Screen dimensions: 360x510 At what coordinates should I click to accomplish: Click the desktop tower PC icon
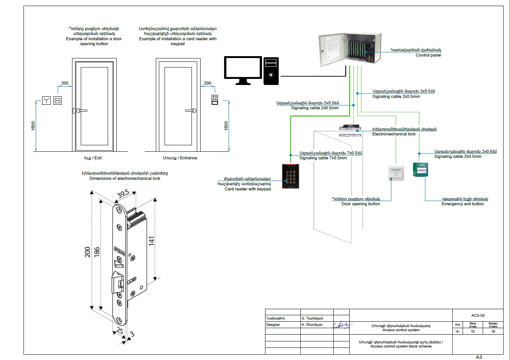(x=271, y=71)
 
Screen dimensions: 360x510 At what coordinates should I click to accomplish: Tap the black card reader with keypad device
(x=290, y=176)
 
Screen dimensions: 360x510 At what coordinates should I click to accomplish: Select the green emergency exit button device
(x=421, y=170)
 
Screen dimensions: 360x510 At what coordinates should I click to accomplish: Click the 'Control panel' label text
(x=428, y=55)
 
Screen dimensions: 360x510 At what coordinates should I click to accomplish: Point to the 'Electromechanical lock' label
(x=394, y=134)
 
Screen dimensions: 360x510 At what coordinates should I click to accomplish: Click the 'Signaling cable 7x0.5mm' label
(x=323, y=158)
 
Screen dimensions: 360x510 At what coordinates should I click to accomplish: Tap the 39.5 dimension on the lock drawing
(x=123, y=194)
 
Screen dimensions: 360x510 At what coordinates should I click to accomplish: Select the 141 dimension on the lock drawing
(x=152, y=241)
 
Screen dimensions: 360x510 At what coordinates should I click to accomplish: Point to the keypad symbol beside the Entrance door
(x=215, y=99)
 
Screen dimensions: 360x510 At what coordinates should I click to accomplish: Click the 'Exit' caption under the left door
(x=93, y=158)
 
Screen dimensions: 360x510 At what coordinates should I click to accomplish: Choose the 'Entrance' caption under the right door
(x=180, y=158)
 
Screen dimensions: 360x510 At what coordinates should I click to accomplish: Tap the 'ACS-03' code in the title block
(x=478, y=316)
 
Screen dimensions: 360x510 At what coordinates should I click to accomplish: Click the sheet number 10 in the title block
(x=473, y=332)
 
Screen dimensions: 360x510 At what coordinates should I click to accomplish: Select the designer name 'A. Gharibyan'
(x=312, y=325)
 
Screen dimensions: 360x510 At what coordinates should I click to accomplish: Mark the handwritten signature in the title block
(x=341, y=325)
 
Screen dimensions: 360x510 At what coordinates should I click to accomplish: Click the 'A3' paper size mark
(x=479, y=357)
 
